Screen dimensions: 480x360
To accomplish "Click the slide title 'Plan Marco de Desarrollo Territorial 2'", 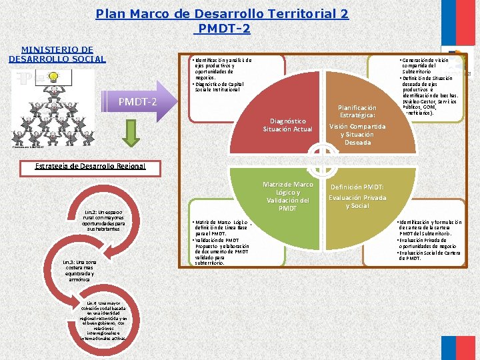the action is click(x=221, y=13).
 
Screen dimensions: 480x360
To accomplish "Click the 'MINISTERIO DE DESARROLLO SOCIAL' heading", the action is click(x=57, y=54).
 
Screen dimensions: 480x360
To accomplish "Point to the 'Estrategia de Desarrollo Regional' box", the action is click(x=90, y=166).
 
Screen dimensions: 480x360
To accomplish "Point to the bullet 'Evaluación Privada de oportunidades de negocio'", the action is click(x=427, y=243).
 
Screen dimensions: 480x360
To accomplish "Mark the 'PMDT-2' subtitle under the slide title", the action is click(x=222, y=29).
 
